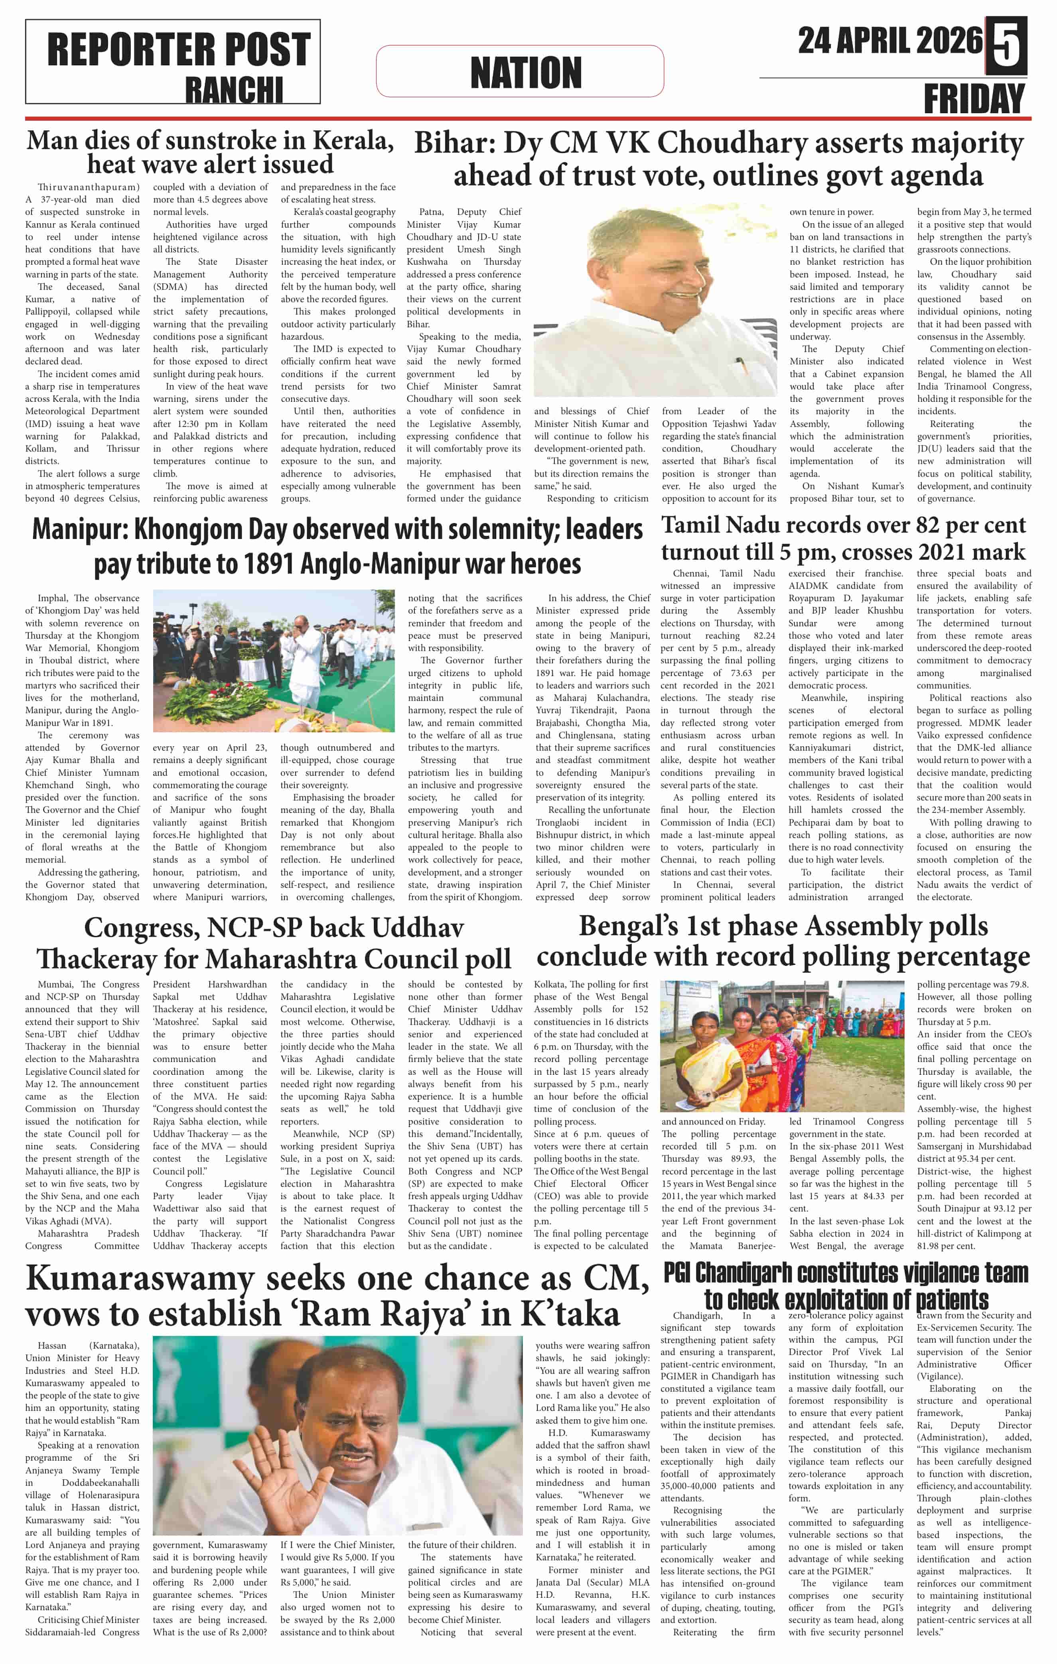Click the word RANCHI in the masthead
tap(234, 90)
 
